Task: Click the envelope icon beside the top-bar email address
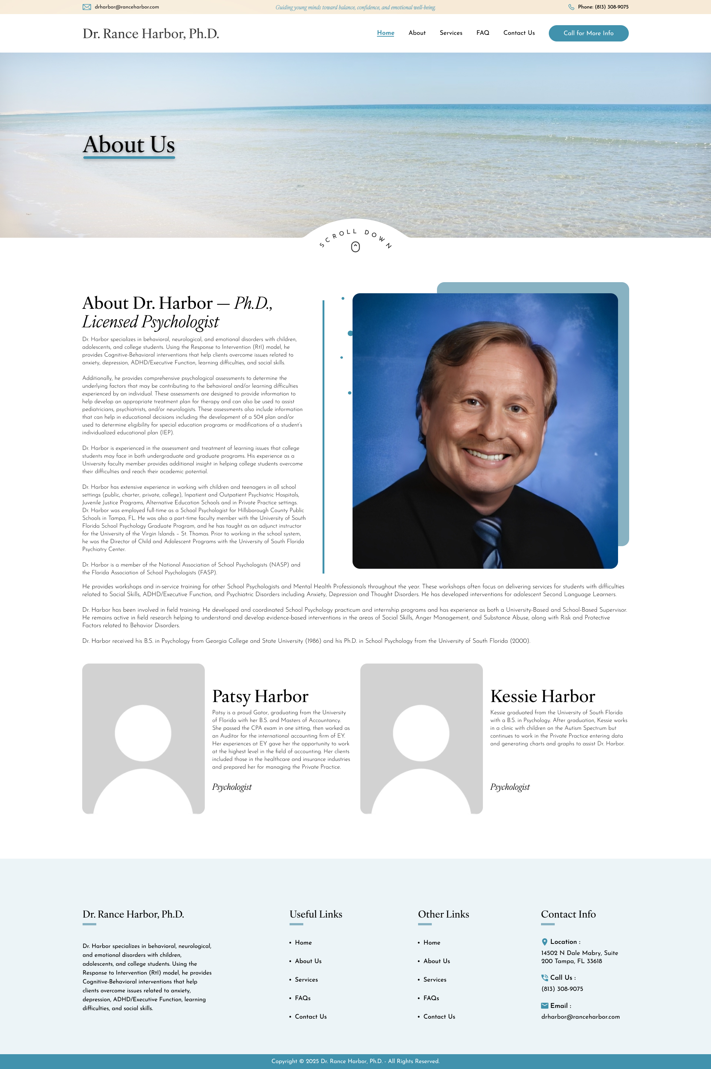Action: [87, 7]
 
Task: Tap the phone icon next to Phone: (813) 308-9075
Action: [571, 7]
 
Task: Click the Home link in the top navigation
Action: [385, 33]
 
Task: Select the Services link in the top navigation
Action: [451, 33]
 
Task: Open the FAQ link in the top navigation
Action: [483, 33]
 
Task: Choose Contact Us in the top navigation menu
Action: [519, 33]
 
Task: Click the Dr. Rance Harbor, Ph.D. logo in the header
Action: [151, 34]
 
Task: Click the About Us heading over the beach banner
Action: [129, 145]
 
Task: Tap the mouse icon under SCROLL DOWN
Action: [355, 247]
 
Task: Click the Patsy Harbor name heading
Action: [260, 696]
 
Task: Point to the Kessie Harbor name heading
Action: [542, 696]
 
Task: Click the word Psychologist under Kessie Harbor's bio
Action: [510, 787]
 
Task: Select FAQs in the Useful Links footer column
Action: [303, 998]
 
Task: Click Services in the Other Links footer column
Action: [434, 979]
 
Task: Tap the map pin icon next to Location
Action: [545, 942]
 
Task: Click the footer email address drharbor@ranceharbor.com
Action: [580, 1016]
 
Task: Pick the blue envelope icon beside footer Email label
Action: [545, 1006]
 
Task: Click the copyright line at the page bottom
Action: [355, 1061]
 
